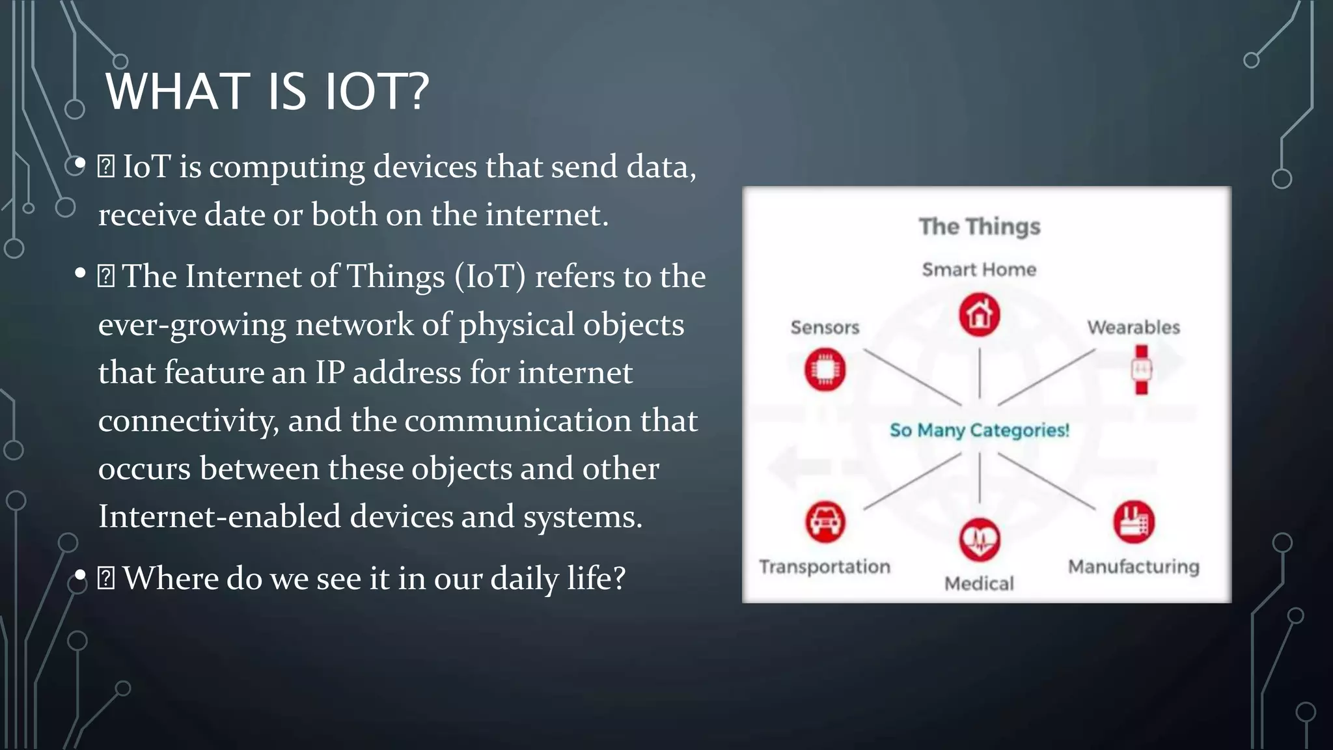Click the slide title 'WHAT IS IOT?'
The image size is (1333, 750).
click(x=267, y=91)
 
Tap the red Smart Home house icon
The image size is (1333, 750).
click(x=979, y=315)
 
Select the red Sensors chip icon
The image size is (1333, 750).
click(x=825, y=370)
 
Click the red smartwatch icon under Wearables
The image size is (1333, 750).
click(x=1141, y=370)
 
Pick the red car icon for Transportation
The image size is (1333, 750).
click(x=825, y=521)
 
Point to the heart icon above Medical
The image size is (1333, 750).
click(x=979, y=540)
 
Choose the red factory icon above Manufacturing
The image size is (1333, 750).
click(x=1133, y=521)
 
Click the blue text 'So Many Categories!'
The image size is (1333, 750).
click(x=979, y=430)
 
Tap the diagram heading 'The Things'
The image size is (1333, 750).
click(x=979, y=227)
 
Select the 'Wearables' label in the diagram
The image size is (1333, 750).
click(x=1133, y=327)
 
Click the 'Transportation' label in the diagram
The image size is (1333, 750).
click(x=825, y=566)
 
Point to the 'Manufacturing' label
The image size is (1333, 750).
click(x=1133, y=566)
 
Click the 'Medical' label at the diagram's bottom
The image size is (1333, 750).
click(x=979, y=583)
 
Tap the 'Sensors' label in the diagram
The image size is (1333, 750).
click(x=825, y=327)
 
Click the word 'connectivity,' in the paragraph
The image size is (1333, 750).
click(x=188, y=421)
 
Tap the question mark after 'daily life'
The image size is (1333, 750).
click(x=618, y=577)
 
